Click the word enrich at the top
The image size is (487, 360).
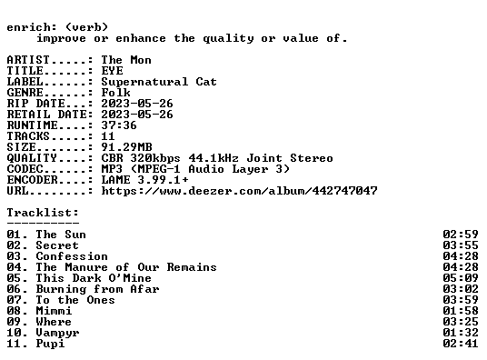coord(28,27)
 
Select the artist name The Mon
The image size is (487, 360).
coord(126,60)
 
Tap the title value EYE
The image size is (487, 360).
coord(112,71)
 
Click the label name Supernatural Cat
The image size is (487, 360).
coord(159,82)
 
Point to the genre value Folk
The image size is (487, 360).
coord(116,93)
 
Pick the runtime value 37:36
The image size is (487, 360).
coord(119,125)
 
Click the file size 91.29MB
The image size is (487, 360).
coord(126,147)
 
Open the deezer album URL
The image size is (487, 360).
coord(240,191)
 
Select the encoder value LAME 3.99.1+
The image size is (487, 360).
coord(144,180)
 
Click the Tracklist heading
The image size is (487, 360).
coord(43,213)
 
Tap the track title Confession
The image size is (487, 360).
coord(72,256)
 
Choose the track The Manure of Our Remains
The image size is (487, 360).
coord(126,267)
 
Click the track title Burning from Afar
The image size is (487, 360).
coord(97,289)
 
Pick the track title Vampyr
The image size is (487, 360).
coord(57,333)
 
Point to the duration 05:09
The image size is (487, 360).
coord(461,278)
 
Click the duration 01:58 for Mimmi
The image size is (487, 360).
coord(461,311)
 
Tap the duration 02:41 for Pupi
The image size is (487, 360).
coord(461,344)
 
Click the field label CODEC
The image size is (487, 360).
coord(25,169)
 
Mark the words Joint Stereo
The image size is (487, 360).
coord(290,158)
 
